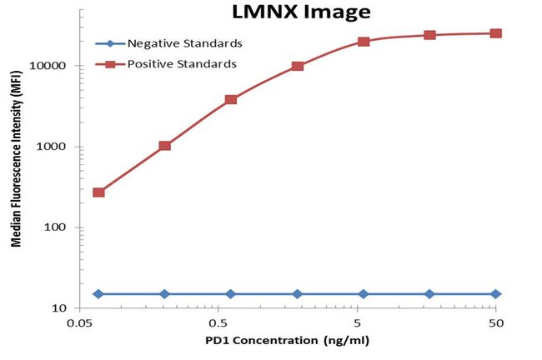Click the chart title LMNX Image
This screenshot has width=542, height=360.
[x=289, y=12]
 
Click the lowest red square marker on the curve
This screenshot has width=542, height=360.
[x=98, y=192]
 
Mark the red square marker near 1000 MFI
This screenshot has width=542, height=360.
[x=164, y=146]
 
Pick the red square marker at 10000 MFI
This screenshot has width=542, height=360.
[x=297, y=66]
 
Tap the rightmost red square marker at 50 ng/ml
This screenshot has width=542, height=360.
[x=495, y=33]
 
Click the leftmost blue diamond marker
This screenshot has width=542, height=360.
[x=98, y=293]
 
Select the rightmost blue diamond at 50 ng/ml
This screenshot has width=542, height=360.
[x=495, y=293]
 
